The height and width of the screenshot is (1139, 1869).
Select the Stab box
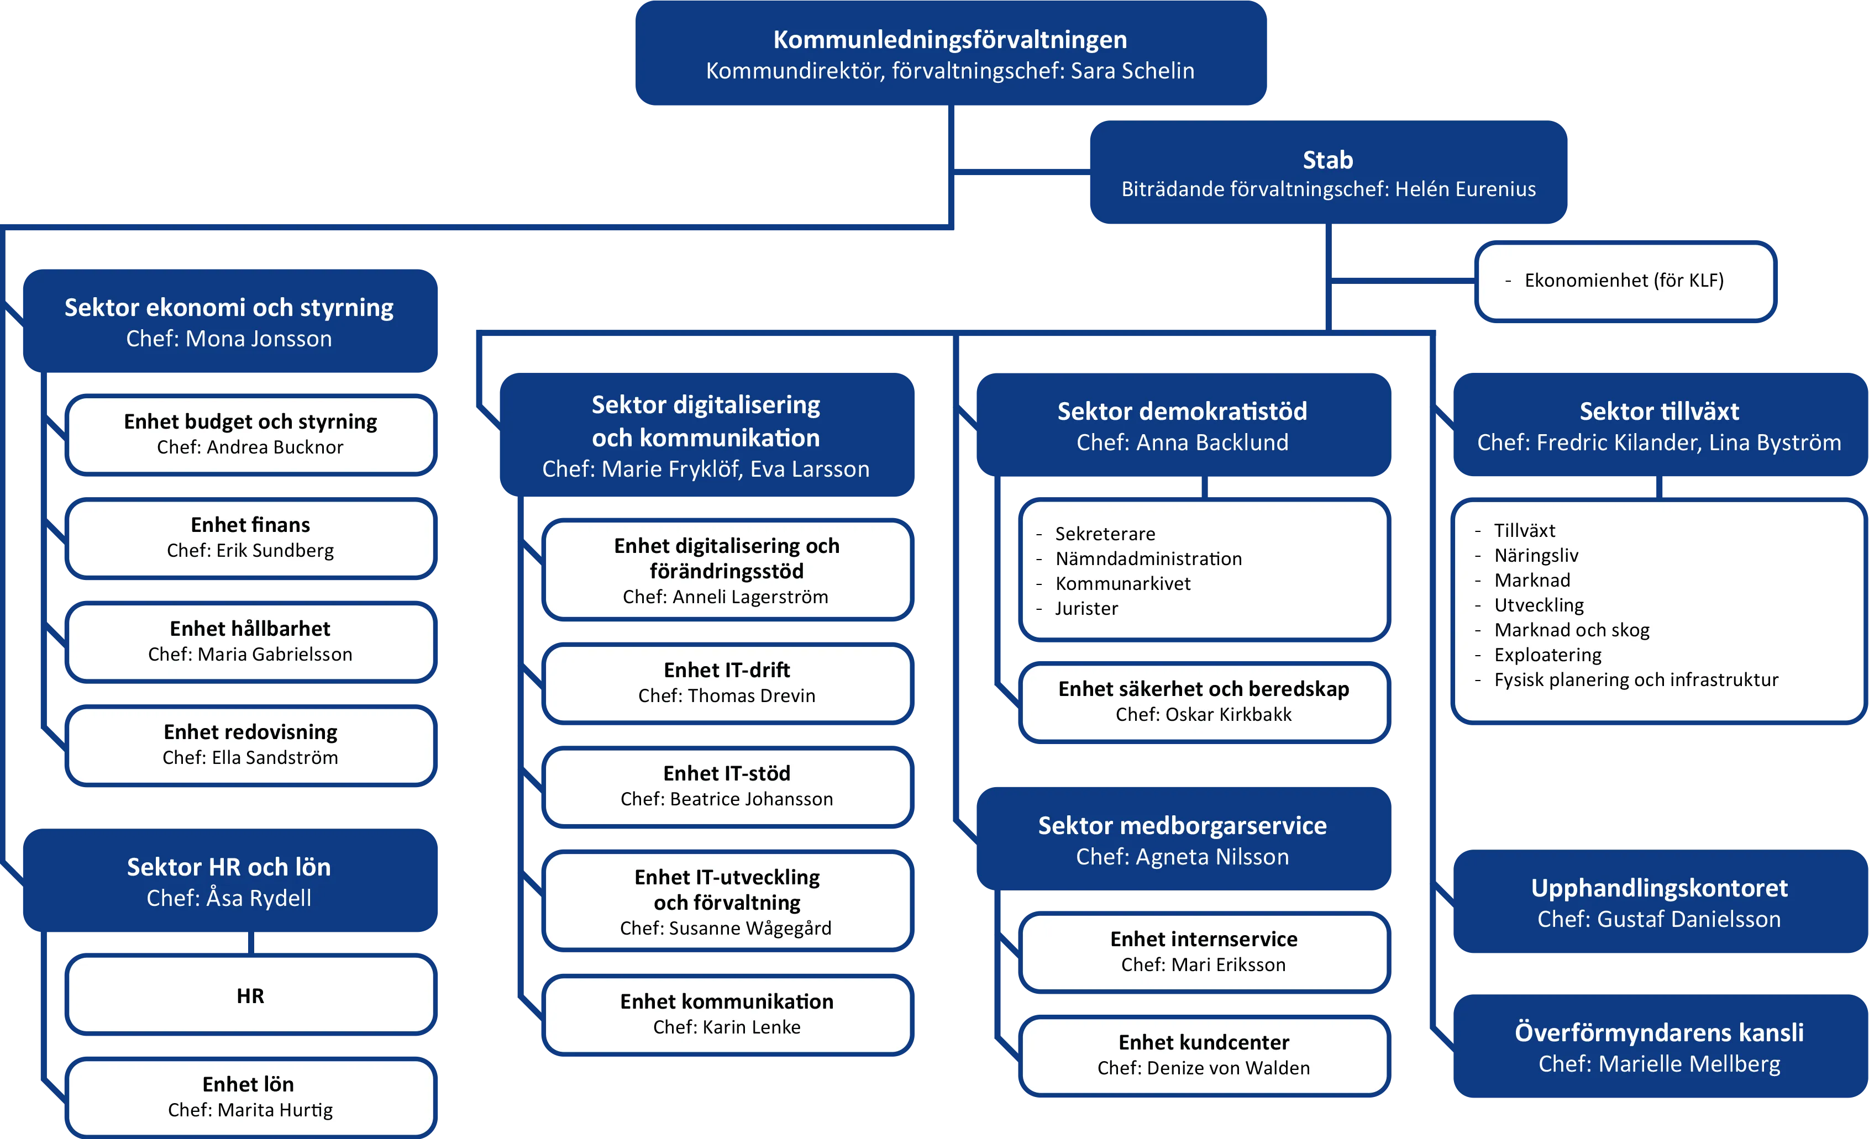point(1327,173)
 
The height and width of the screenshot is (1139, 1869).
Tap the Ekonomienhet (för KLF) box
point(1625,281)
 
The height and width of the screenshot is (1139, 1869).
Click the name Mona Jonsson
point(258,339)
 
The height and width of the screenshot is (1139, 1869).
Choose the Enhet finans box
point(250,537)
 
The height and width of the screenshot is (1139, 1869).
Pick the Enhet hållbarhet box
point(250,641)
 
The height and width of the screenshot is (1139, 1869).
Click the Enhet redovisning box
point(250,744)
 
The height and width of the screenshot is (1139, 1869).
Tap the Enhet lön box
point(250,1096)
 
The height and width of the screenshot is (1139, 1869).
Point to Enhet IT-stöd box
point(727,785)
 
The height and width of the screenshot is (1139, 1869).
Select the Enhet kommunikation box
point(727,1013)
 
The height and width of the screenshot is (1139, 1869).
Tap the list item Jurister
point(1086,608)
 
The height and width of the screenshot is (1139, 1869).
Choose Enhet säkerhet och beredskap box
point(1204,701)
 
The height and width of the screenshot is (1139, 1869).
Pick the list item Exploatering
point(1547,655)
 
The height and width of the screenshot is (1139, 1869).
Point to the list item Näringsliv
point(1536,555)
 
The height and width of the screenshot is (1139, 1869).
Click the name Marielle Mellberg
point(1689,1064)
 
